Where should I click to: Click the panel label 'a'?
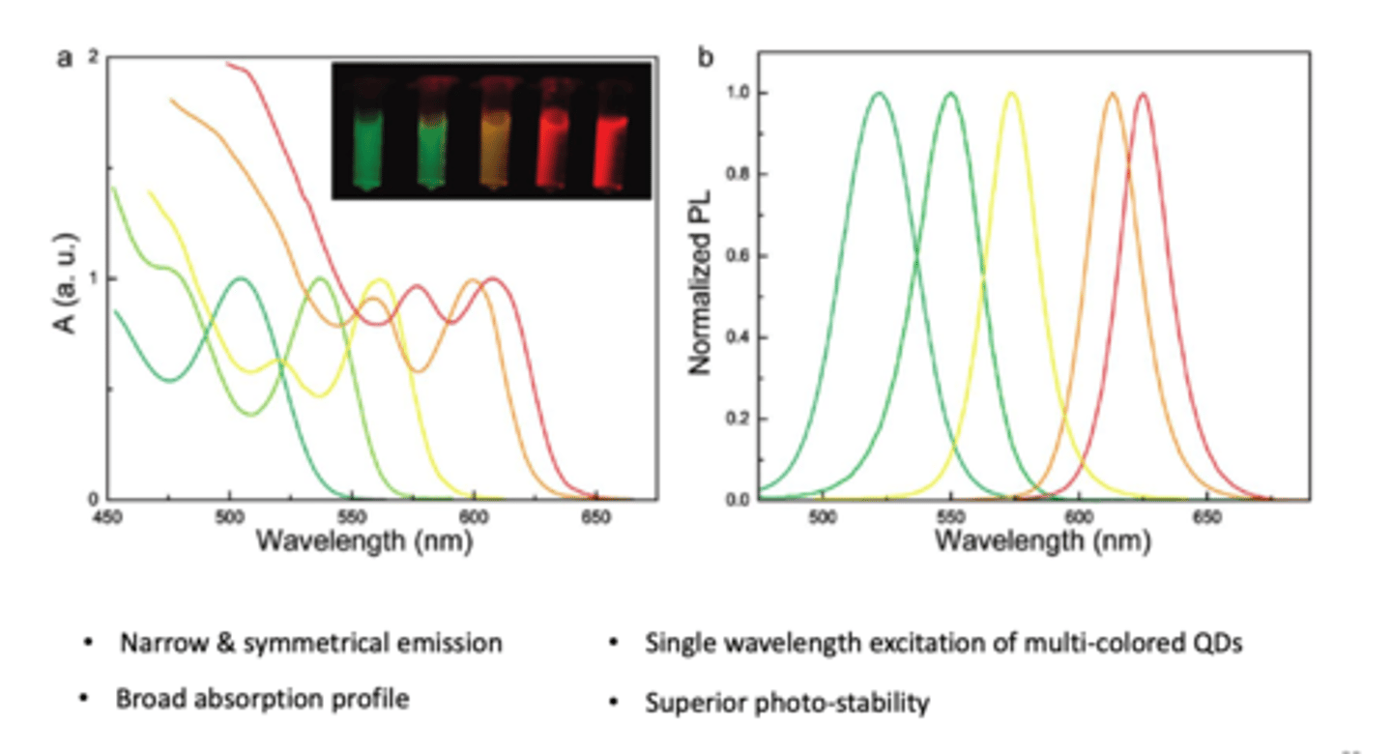[x=65, y=57]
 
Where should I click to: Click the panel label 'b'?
[x=706, y=58]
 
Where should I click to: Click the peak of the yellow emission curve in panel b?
[x=1012, y=94]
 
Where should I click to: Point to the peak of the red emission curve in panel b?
[x=1144, y=94]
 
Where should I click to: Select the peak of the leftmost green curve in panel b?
[x=879, y=94]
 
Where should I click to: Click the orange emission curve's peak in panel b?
[x=1113, y=94]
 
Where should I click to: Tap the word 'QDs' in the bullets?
[x=1215, y=643]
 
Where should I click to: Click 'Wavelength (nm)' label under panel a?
[x=363, y=541]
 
